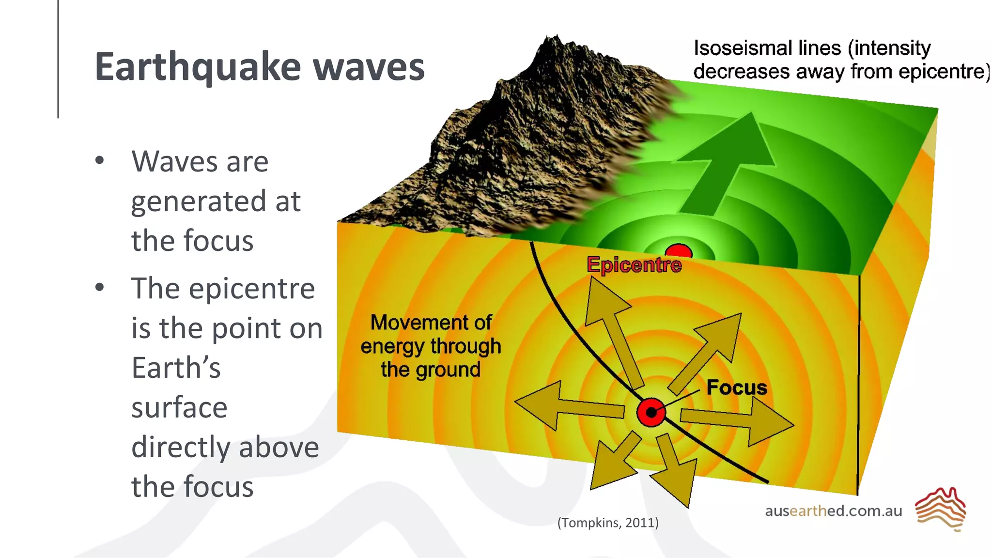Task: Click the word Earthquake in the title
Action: coord(198,67)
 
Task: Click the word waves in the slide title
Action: coord(369,67)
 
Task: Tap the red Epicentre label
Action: coord(634,265)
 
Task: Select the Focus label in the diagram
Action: coord(737,387)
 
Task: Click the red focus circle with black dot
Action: coord(651,412)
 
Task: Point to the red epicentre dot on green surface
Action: coord(679,250)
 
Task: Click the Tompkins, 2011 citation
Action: coord(608,523)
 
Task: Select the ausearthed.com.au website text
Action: coord(834,511)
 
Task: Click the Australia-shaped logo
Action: coord(940,509)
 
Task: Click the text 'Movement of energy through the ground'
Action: coord(431,346)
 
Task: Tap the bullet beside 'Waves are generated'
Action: coord(100,161)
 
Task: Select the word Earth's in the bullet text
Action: coord(176,368)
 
